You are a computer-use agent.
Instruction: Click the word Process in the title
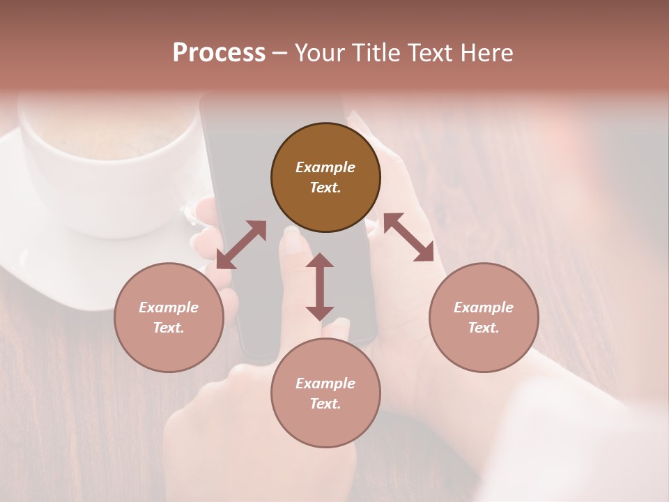(219, 53)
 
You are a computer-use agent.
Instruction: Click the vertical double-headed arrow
(320, 287)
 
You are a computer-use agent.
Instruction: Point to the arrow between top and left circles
(241, 244)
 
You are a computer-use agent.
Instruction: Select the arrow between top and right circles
(408, 237)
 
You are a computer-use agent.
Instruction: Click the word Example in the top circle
(325, 167)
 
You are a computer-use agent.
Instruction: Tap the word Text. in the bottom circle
(325, 404)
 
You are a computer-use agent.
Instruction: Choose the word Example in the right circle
(484, 307)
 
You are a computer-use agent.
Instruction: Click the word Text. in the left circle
(169, 328)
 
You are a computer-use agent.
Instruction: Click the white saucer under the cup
(42, 251)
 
